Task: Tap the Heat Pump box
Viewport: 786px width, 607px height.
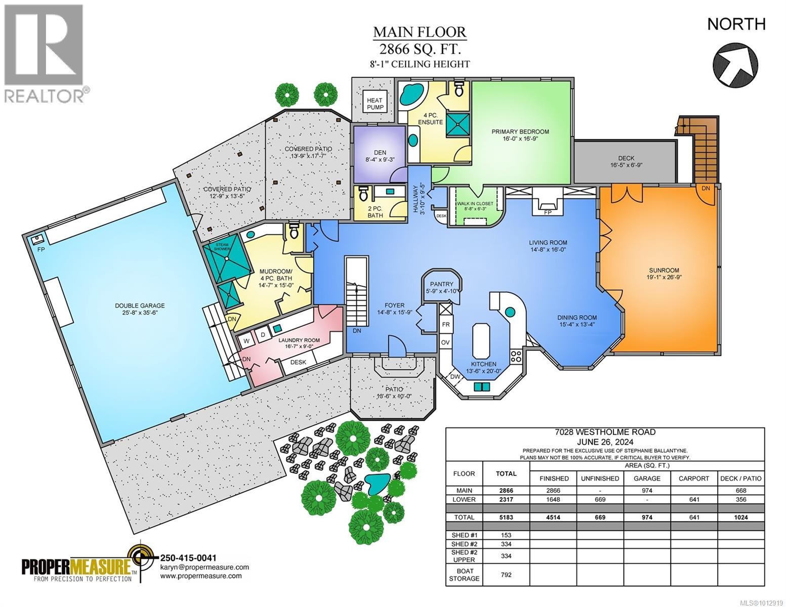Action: (x=375, y=104)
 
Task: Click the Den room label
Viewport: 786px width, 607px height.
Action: (x=379, y=156)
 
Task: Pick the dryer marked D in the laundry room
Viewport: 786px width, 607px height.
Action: (x=263, y=335)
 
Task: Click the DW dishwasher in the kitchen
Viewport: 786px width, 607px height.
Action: (x=454, y=377)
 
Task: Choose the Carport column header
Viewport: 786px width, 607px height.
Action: (x=694, y=478)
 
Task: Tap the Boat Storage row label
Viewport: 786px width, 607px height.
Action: (x=464, y=574)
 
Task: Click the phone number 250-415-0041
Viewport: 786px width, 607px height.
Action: (x=188, y=558)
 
